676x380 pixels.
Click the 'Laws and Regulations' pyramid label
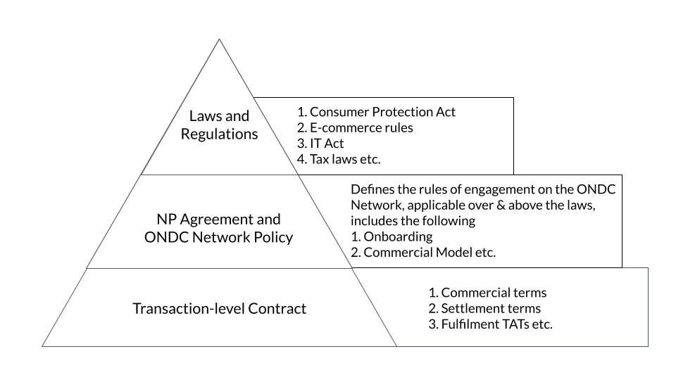[219, 125]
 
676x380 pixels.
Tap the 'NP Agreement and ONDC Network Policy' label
[218, 228]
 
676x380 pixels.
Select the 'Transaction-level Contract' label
[219, 308]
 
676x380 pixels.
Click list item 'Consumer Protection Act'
[376, 112]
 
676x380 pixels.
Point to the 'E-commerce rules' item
[355, 127]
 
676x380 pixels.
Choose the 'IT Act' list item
[320, 144]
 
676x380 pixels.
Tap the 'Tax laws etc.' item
[339, 160]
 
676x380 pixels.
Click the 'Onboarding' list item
[392, 236]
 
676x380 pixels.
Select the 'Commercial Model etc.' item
[423, 252]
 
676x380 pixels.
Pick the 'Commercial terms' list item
[487, 293]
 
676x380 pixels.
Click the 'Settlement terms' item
[484, 308]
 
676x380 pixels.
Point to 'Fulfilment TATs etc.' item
[491, 324]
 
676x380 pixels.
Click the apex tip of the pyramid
[219, 39]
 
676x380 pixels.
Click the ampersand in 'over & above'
[501, 205]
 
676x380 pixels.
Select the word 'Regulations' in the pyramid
[219, 134]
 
